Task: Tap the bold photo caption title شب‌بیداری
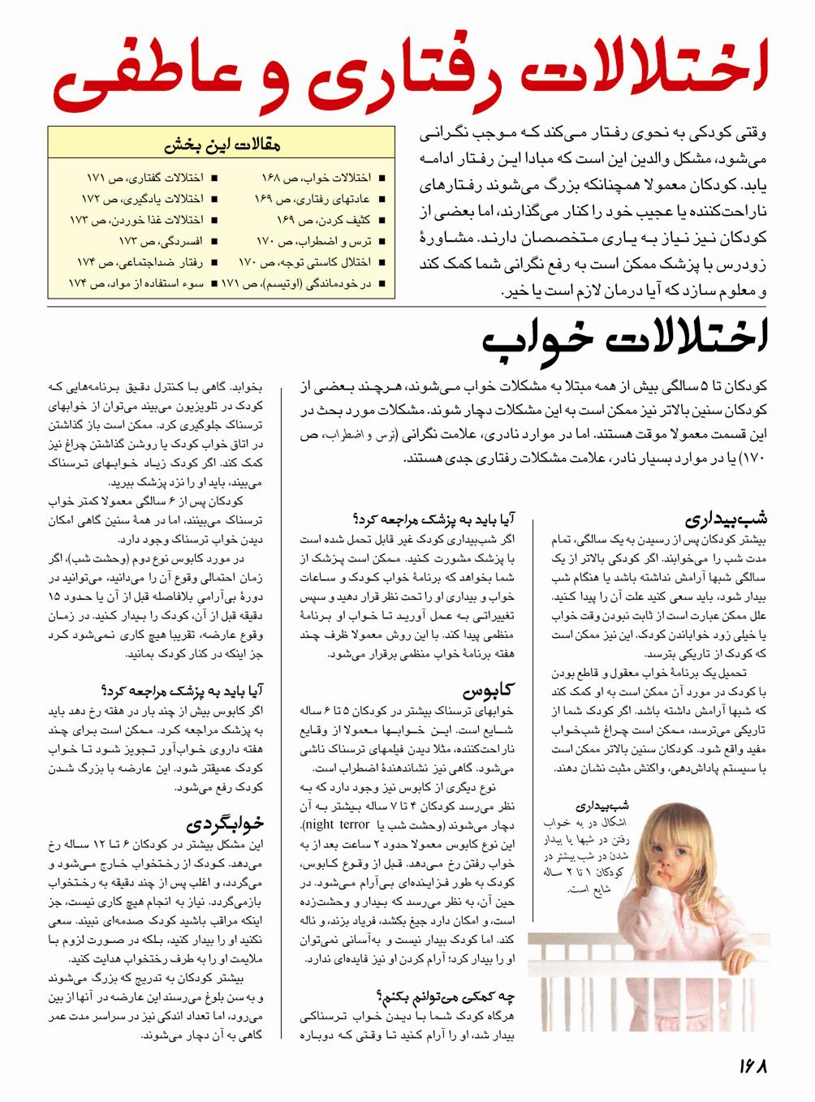coord(602,807)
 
